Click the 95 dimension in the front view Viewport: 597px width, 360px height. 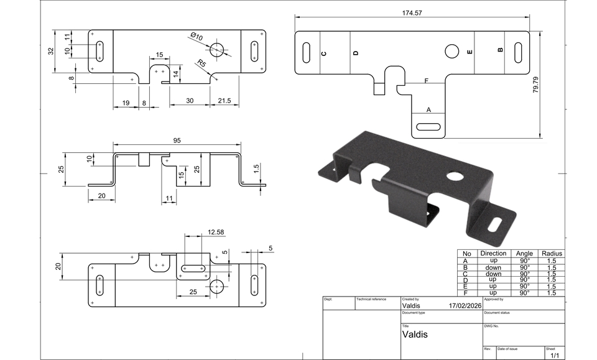tap(177, 141)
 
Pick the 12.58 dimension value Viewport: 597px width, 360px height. tap(216, 232)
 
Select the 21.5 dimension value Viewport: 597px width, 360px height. tap(224, 101)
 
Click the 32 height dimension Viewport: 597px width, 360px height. tap(52, 51)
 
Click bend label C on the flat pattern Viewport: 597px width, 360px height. tap(324, 53)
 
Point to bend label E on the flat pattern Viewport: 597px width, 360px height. tap(470, 52)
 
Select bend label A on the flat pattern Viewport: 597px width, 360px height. tap(428, 109)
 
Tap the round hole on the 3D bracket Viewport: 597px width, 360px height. tap(456, 175)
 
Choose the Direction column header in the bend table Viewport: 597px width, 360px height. tap(493, 254)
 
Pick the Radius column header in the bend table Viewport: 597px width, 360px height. tap(552, 254)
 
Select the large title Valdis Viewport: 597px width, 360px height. tap(415, 334)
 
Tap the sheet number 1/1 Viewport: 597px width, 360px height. tap(555, 355)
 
